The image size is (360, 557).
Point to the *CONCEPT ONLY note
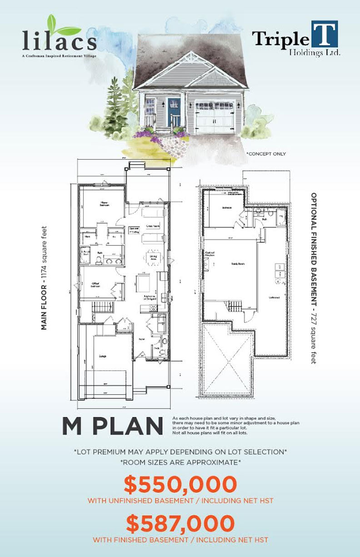coord(266,154)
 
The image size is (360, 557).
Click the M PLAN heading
coord(112,426)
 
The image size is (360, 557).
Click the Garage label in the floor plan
coord(103,356)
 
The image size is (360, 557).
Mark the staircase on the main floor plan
coord(101,307)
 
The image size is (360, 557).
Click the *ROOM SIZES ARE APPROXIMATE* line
coord(180,462)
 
